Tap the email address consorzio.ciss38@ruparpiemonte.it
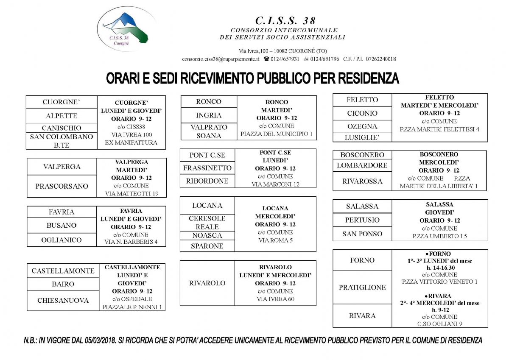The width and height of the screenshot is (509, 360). pyautogui.click(x=220, y=59)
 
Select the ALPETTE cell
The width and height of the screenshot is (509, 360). pyautogui.click(x=62, y=116)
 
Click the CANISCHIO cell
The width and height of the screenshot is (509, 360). pyautogui.click(x=62, y=128)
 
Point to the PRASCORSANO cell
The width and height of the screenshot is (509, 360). pyautogui.click(x=62, y=186)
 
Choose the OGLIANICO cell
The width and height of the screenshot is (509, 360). pyautogui.click(x=62, y=240)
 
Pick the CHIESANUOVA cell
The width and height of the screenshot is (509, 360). pyautogui.click(x=63, y=301)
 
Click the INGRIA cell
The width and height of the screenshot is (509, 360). pyautogui.click(x=209, y=115)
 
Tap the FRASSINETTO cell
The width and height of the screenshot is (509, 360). pyautogui.click(x=207, y=168)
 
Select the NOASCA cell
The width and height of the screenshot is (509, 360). pyautogui.click(x=207, y=236)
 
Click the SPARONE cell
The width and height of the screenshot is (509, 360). pyautogui.click(x=207, y=246)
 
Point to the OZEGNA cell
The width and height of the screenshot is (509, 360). pyautogui.click(x=362, y=126)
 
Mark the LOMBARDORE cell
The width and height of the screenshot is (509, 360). pyautogui.click(x=362, y=165)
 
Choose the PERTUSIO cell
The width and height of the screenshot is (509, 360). pyautogui.click(x=362, y=220)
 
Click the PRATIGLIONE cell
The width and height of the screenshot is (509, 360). pyautogui.click(x=362, y=287)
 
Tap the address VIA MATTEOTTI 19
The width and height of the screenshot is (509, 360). pyautogui.click(x=131, y=194)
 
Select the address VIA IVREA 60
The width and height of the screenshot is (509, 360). pyautogui.click(x=275, y=299)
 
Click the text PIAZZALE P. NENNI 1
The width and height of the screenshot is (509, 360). pyautogui.click(x=132, y=307)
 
